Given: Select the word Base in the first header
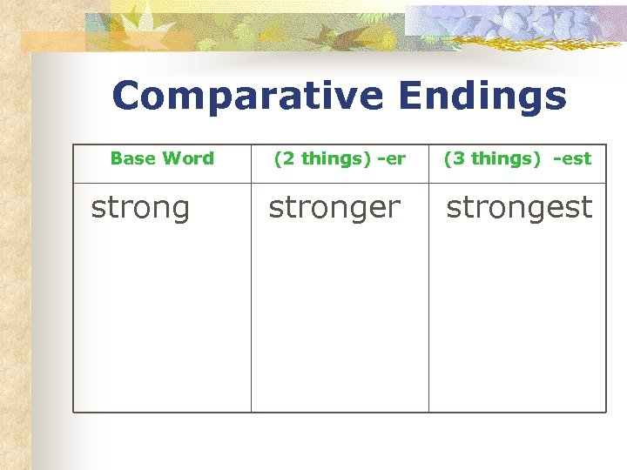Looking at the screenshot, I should (x=132, y=158).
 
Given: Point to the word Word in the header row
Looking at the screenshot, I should (x=187, y=158).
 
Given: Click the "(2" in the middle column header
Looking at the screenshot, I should (x=284, y=158).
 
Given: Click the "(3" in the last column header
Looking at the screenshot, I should (x=455, y=158).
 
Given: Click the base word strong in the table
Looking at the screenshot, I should (x=140, y=208).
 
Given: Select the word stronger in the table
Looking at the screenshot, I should (x=334, y=208).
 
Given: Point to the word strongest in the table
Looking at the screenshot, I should (x=519, y=208).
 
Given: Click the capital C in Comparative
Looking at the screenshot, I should (x=126, y=97).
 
